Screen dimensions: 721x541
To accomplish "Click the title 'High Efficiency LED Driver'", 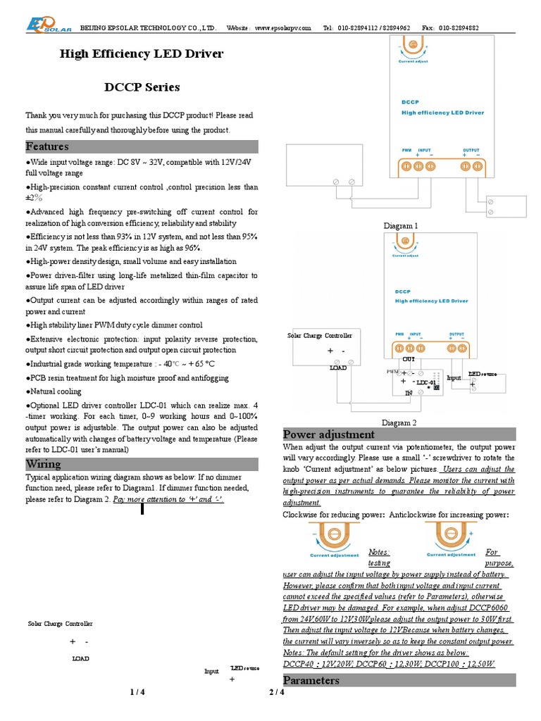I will [x=142, y=54].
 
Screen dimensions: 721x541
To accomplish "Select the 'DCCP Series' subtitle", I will [x=142, y=87].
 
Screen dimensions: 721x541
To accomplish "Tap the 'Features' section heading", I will [x=47, y=146].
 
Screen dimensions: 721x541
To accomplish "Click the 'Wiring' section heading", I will [x=44, y=464].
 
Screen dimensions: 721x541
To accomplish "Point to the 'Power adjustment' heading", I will [x=328, y=434].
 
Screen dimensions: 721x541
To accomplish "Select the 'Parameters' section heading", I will [x=311, y=680].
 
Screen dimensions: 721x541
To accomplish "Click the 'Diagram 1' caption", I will [x=401, y=225].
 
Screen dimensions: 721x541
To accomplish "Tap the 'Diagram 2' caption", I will [x=399, y=422].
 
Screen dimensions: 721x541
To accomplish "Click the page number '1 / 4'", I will [x=137, y=692].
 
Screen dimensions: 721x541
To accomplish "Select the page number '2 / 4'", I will [x=277, y=692].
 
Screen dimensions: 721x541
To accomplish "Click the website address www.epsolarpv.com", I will [x=282, y=27].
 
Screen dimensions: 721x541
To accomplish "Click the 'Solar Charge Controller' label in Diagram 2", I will [x=320, y=336].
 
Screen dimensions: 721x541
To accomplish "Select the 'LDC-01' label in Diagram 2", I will [x=425, y=382].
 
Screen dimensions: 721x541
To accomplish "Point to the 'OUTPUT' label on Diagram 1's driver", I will [x=471, y=150].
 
